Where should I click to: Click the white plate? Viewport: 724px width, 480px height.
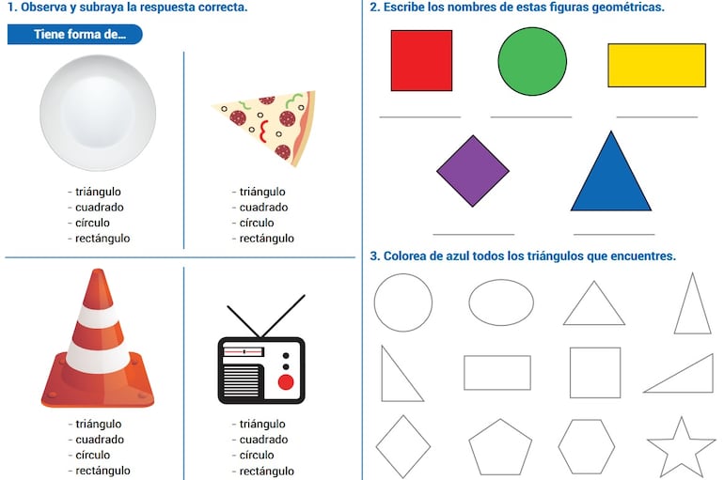98,113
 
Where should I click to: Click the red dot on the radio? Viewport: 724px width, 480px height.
286,382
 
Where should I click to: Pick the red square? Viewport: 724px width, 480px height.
421,60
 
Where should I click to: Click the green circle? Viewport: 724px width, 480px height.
532,61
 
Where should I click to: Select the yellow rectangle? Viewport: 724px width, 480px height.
656,65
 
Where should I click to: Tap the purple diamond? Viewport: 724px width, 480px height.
472,170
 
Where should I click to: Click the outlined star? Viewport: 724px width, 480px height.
681,448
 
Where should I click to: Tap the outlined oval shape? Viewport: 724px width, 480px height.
501,302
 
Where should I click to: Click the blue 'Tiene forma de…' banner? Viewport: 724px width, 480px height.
75,35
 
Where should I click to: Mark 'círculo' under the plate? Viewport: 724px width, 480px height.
92,223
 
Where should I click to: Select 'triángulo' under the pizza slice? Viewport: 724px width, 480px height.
262,192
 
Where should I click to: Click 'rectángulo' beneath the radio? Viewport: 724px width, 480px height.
266,471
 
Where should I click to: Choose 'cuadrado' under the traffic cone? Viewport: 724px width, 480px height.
99,440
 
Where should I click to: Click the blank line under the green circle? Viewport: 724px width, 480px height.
530,117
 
